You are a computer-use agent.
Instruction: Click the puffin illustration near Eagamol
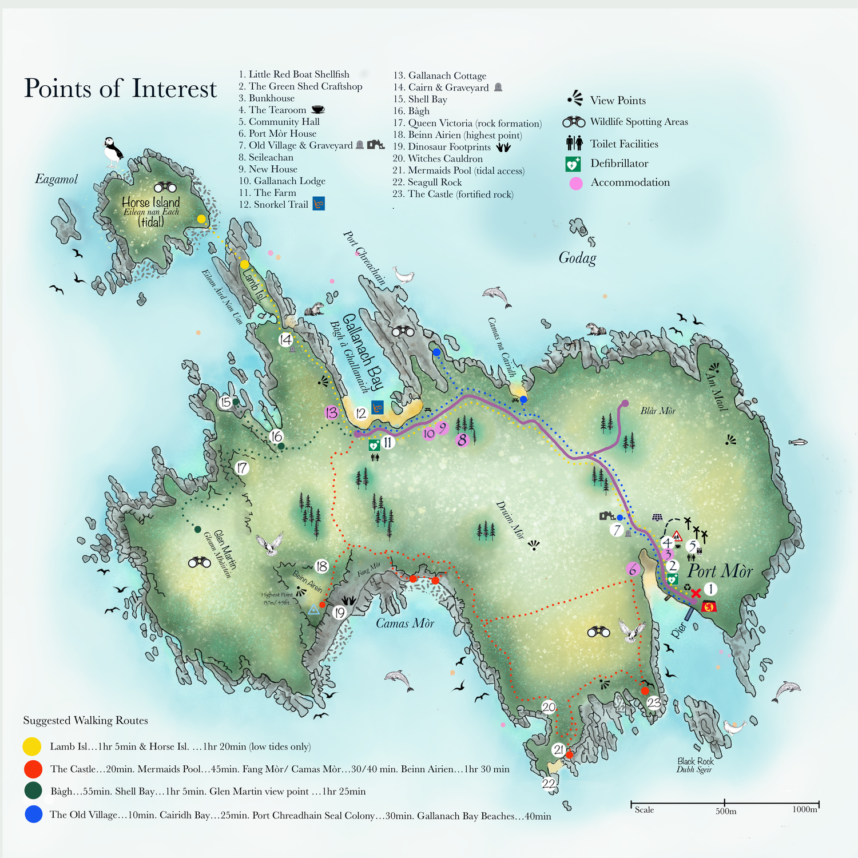coord(113,151)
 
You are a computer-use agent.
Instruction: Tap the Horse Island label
coord(151,203)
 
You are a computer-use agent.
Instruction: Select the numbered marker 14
coord(285,340)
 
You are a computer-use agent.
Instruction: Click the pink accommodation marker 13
coord(331,412)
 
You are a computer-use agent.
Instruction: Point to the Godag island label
coord(577,258)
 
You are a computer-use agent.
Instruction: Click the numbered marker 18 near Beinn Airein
coord(321,566)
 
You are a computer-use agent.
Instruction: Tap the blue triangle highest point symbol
coord(313,610)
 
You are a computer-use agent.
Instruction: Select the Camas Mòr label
coord(404,623)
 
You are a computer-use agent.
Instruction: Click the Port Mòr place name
coord(720,571)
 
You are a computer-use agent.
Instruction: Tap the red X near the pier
coord(696,593)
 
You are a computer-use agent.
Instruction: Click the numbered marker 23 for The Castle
coord(654,703)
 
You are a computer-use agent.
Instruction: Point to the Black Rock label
coord(695,761)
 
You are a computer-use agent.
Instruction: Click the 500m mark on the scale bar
coord(725,804)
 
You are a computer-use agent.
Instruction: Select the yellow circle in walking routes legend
coord(32,746)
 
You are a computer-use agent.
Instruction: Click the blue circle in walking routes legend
coord(34,815)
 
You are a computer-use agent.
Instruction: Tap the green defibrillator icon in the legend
coord(573,164)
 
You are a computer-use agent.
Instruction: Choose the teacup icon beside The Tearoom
coord(317,110)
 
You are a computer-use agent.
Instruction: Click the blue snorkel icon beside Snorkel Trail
coord(319,204)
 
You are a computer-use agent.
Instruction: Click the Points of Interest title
coord(120,89)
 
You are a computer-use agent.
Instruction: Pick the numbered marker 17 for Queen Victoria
coord(242,468)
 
